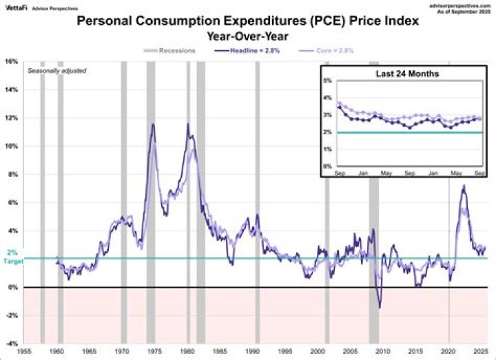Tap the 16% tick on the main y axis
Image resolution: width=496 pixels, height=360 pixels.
pos(11,61)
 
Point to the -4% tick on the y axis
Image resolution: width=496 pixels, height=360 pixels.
pos(11,343)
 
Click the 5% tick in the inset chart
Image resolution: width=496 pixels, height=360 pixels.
pos(327,81)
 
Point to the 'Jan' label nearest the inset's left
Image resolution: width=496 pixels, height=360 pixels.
pos(362,173)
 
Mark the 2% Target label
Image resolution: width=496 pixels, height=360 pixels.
pos(12,257)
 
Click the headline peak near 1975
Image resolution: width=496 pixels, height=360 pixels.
pos(152,124)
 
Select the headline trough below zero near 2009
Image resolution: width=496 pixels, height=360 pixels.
pos(379,307)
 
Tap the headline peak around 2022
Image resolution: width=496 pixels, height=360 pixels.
pos(464,185)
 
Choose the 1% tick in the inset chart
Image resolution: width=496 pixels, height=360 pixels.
pos(327,149)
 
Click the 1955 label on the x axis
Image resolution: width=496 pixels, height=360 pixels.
pos(25,351)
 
